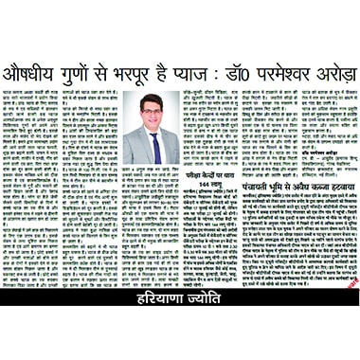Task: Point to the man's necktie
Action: coord(153,146)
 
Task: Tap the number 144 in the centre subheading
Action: coord(187,188)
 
